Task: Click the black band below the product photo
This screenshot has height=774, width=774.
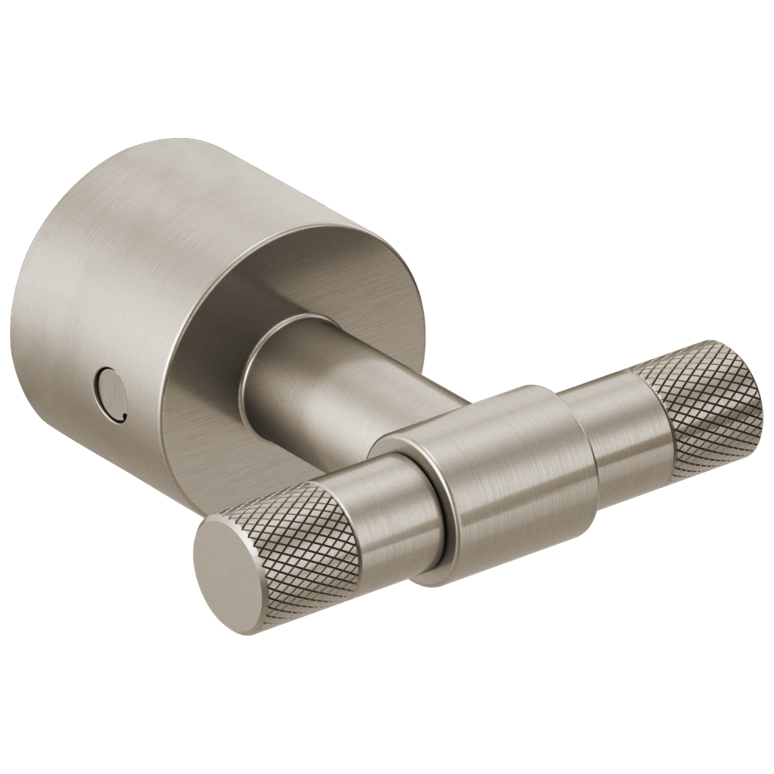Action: (x=387, y=705)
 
